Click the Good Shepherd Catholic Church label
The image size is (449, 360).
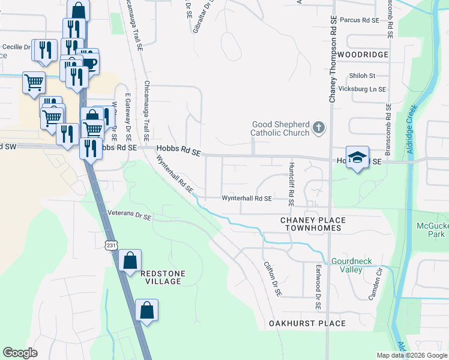[x=280, y=128]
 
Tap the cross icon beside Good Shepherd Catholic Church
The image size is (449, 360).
[x=319, y=127]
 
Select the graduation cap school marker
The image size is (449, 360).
[x=357, y=158]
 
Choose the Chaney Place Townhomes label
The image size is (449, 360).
[x=310, y=224]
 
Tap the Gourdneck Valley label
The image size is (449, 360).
[x=346, y=266]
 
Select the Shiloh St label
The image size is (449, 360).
[x=363, y=76]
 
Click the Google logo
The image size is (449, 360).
[x=20, y=352]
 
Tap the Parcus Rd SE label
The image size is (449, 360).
[x=360, y=20]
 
